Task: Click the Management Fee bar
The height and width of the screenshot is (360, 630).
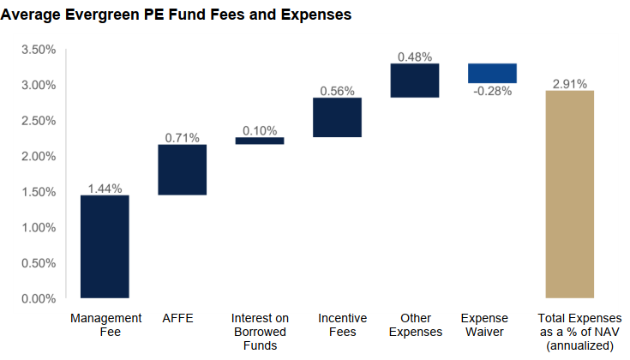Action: point(105,247)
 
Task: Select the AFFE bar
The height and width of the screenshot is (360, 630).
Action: point(182,170)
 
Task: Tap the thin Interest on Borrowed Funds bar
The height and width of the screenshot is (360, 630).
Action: point(260,141)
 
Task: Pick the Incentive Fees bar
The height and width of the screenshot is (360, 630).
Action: point(337,117)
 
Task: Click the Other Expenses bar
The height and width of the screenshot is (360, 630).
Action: point(415,81)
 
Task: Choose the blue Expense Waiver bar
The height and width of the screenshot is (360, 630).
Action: point(492,74)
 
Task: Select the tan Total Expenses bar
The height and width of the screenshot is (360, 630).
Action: point(570,195)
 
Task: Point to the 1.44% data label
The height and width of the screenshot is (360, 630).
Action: point(105,188)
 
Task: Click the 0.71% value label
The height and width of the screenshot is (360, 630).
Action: point(182,137)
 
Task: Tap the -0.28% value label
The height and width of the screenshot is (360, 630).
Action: point(492,91)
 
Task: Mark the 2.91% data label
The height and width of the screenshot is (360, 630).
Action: point(570,83)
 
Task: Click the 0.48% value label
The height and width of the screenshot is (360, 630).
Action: point(415,57)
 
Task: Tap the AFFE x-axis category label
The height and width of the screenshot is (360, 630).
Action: point(177,318)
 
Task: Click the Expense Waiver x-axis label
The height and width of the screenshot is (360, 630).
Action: point(484,325)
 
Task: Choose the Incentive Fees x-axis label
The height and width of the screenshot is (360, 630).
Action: point(337,325)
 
